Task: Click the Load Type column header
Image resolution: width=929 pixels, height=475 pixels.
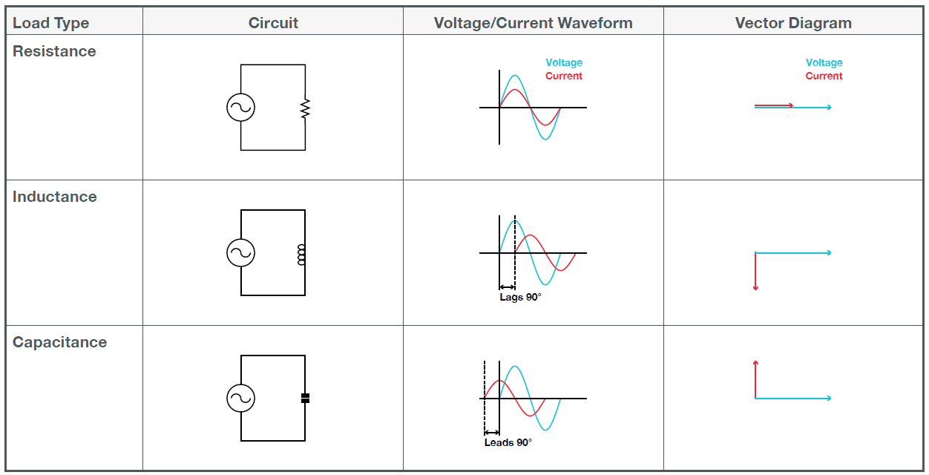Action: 51,23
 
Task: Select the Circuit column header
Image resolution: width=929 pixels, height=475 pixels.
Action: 273,23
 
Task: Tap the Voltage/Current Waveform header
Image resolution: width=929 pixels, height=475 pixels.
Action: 533,23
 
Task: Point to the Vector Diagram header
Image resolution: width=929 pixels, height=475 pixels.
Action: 793,23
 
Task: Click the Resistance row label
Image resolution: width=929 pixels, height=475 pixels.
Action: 54,51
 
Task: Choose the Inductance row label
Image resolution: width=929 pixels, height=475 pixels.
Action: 54,197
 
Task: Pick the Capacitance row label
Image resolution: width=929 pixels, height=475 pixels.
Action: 59,342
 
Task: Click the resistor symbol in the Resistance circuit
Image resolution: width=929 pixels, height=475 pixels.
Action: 305,108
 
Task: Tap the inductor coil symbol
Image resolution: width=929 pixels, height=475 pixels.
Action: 303,254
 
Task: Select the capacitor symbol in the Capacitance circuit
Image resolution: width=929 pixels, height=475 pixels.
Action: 305,399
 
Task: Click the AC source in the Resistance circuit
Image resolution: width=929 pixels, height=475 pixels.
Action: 240,108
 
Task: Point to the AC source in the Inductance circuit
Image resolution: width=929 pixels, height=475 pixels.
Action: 240,253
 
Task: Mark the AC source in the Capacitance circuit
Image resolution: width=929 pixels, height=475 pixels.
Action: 240,399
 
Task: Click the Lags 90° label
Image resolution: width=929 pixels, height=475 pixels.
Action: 520,297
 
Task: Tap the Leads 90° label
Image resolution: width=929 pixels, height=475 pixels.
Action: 508,442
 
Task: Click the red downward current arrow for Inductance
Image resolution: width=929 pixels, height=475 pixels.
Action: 755,272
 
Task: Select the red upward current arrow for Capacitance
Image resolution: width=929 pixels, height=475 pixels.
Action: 755,379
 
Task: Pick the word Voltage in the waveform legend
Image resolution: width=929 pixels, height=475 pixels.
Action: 564,63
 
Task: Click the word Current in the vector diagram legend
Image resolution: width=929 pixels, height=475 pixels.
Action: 824,76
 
